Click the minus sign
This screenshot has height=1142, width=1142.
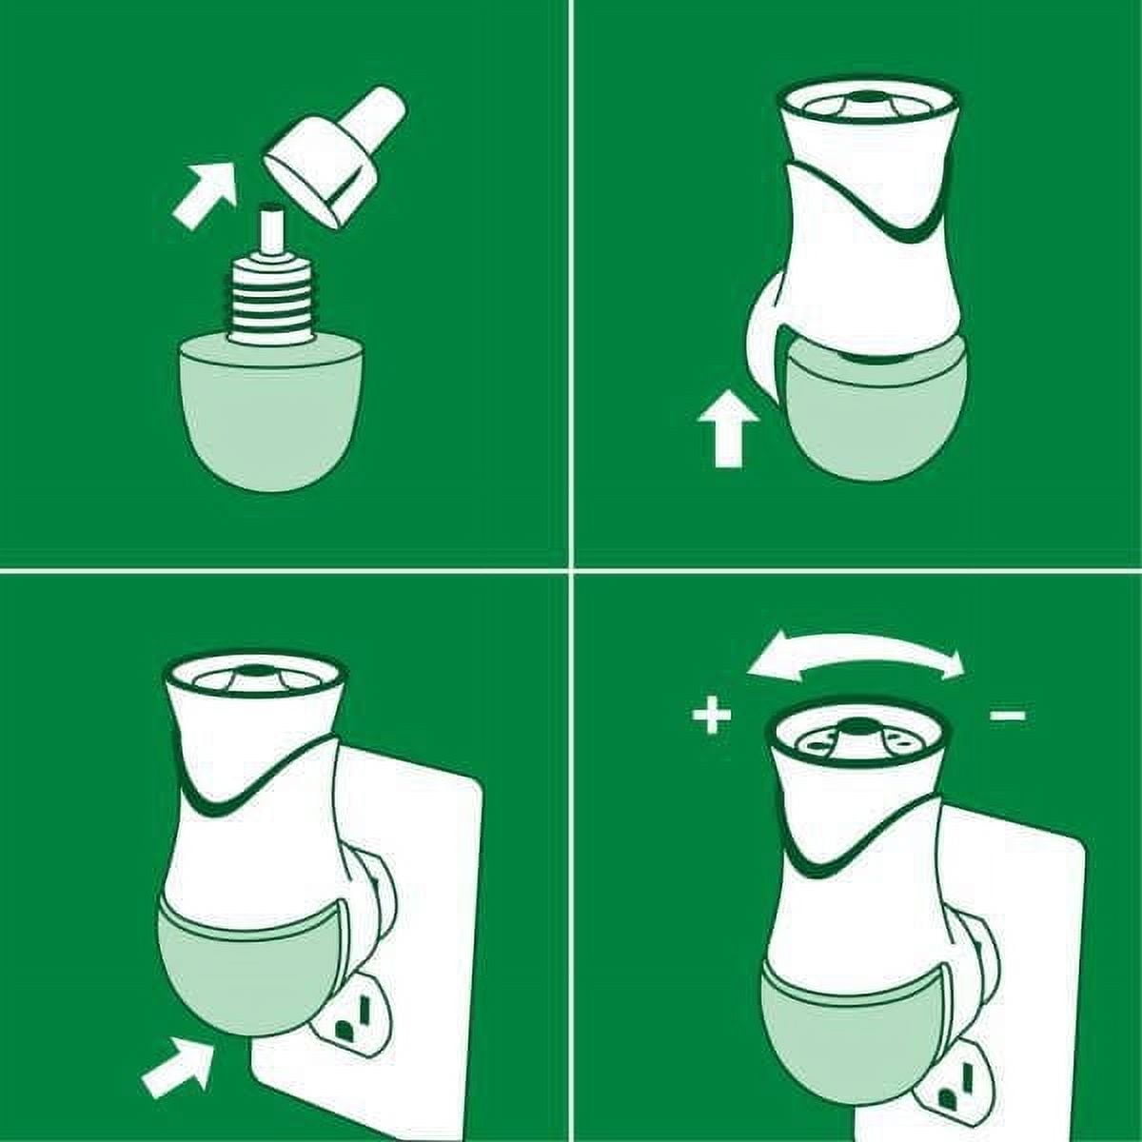tap(1008, 715)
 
